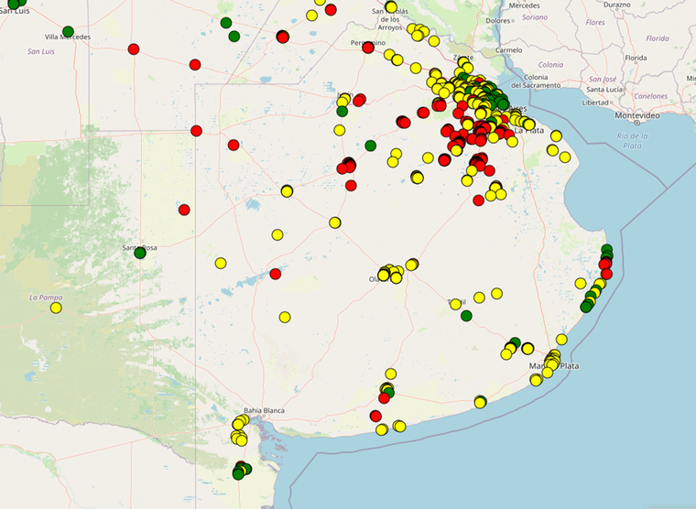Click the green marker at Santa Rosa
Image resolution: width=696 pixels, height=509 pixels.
coord(140,253)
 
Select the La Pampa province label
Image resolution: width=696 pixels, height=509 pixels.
coord(44,297)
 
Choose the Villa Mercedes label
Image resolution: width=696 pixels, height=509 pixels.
coord(68,38)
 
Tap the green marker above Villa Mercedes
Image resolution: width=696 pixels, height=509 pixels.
coord(68,31)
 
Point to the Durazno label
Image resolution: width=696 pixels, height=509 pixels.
coord(618,5)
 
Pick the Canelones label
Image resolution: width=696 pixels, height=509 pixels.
coord(650,95)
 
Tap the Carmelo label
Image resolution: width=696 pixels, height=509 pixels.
coord(508,49)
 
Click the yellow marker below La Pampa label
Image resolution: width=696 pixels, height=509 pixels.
coord(56,308)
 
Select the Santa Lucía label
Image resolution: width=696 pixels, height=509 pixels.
coord(604,90)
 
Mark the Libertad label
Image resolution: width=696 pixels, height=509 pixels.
coord(595,103)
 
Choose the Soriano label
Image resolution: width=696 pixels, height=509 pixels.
coord(535,17)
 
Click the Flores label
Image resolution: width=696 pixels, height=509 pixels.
coord(595,22)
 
